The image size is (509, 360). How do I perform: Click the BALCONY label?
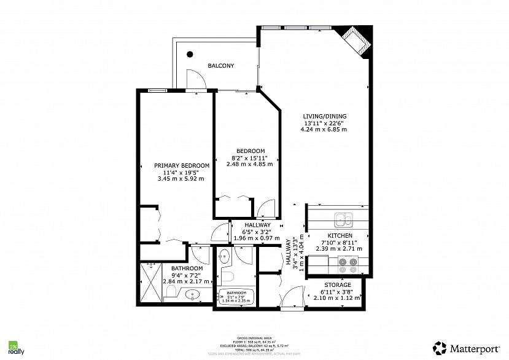point(220,66)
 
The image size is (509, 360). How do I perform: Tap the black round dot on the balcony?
point(190,54)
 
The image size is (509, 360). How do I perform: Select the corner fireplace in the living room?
point(356,41)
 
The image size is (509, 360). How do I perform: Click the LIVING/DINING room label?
point(324,116)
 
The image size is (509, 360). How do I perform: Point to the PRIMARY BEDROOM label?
point(182,165)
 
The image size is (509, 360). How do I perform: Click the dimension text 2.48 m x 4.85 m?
point(250,164)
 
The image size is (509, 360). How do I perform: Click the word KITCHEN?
point(340,236)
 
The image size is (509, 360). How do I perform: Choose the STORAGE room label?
point(338,285)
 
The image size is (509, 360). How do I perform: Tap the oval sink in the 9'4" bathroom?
point(193,295)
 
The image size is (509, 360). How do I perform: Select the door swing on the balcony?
point(193,79)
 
